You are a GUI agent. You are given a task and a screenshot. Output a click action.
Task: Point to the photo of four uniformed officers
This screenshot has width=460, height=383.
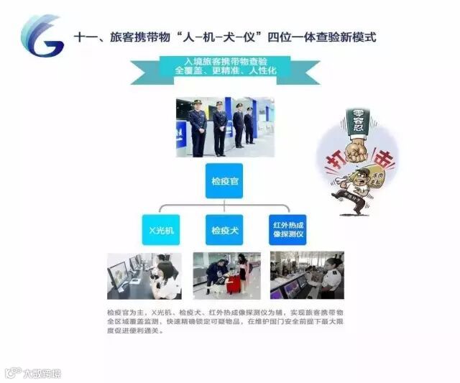(224, 127)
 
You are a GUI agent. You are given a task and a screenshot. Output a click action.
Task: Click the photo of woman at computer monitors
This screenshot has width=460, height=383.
(144, 275)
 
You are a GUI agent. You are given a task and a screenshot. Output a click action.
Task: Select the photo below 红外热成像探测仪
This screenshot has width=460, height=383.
(307, 275)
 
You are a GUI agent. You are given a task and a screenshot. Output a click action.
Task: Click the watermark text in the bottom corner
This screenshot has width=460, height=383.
(40, 372)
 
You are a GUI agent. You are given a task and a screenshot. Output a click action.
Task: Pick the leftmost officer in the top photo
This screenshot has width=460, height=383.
(197, 128)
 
